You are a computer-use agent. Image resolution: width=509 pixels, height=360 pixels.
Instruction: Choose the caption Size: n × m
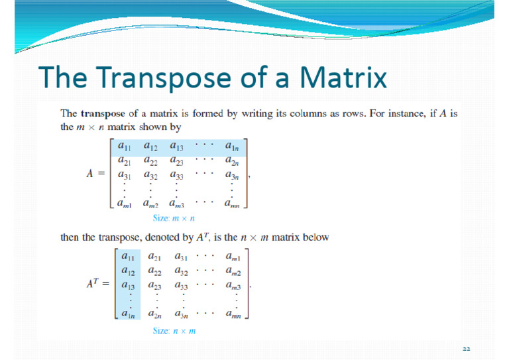tap(174, 330)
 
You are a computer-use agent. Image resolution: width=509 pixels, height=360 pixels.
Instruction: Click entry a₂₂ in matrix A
tap(151, 161)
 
